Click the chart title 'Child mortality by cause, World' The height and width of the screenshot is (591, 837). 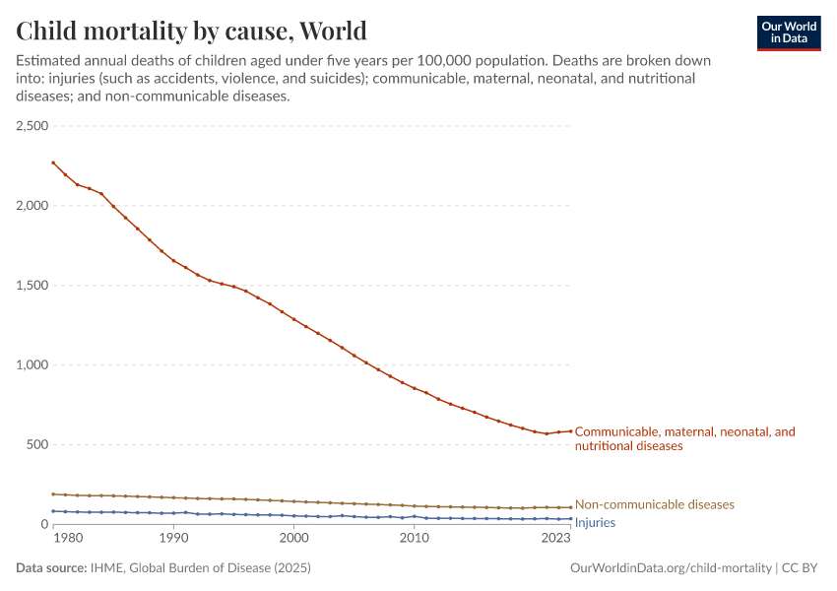191,30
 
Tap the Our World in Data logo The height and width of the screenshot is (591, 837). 788,32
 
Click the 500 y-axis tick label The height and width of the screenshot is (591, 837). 37,445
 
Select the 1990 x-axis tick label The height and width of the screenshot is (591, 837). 173,539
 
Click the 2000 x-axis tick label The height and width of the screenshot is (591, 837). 293,539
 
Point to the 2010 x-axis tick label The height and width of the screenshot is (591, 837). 414,539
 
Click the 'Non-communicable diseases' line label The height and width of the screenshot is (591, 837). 654,504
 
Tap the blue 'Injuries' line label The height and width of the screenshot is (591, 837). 595,522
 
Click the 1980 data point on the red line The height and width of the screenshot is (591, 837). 53,163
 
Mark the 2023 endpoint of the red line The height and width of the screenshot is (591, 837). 570,430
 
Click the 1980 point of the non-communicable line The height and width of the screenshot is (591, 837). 53,494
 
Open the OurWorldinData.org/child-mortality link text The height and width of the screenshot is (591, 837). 672,568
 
